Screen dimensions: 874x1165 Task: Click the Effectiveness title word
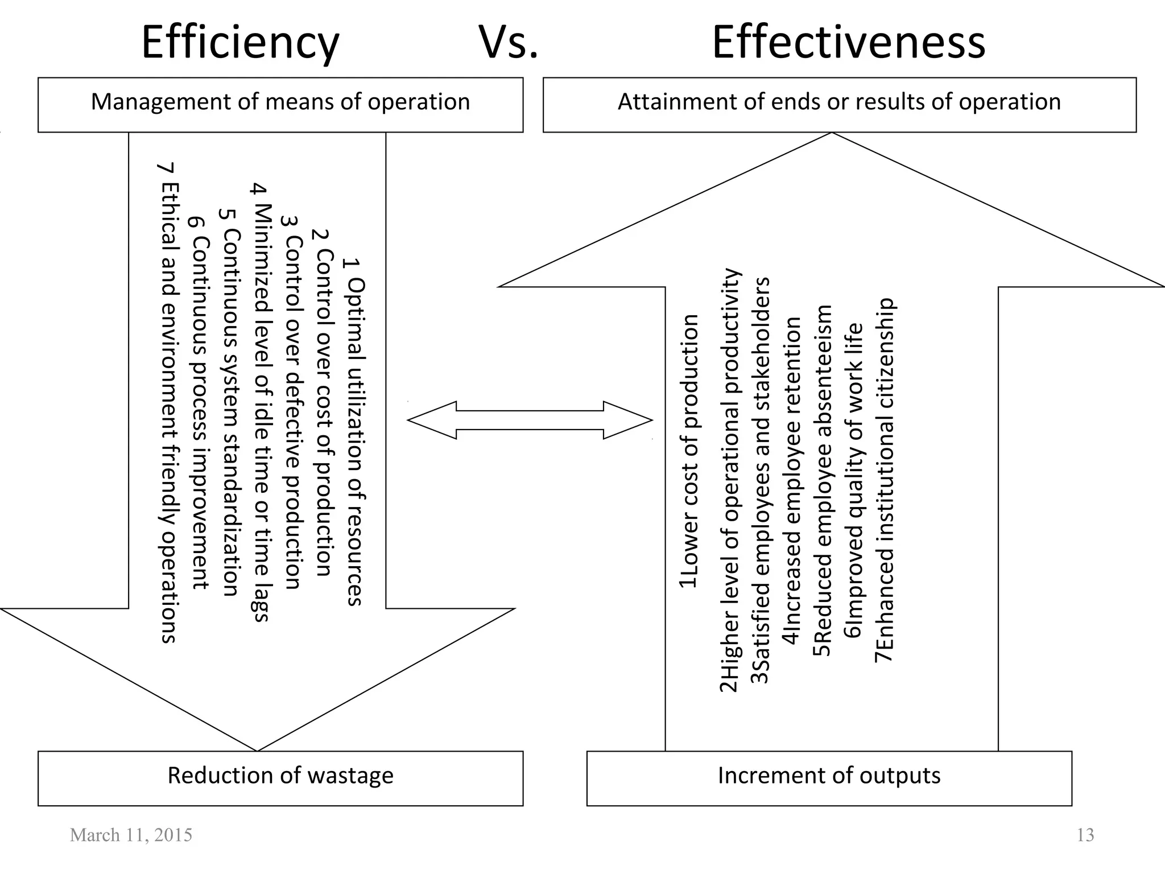(x=848, y=42)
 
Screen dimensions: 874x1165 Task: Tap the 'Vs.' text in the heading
(x=508, y=42)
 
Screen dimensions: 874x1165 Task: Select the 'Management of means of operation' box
(x=280, y=105)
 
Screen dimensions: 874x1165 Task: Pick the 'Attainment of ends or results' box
(x=839, y=105)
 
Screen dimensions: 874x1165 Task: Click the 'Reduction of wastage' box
(x=280, y=778)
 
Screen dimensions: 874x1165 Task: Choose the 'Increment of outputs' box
(x=829, y=778)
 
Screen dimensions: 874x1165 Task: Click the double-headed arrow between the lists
(x=530, y=420)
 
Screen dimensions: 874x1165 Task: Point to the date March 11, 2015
(x=131, y=835)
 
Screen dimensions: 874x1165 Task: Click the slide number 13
(x=1085, y=835)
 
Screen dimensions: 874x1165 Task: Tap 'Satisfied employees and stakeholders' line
(x=760, y=480)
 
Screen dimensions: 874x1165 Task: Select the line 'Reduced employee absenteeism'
(x=822, y=481)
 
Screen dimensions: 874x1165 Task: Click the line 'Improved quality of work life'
(x=854, y=481)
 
